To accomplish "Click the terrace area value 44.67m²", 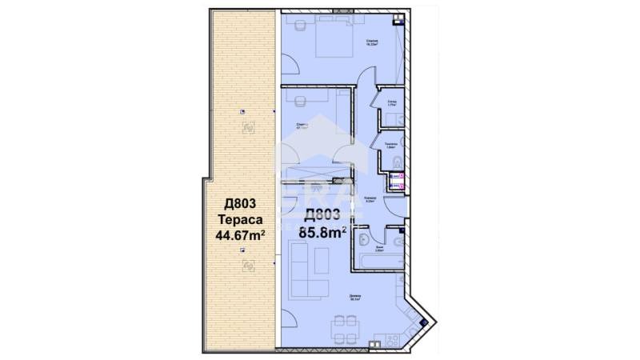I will point(241,235).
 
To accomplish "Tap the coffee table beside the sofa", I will point(322,260).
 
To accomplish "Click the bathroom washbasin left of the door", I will point(364,241).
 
